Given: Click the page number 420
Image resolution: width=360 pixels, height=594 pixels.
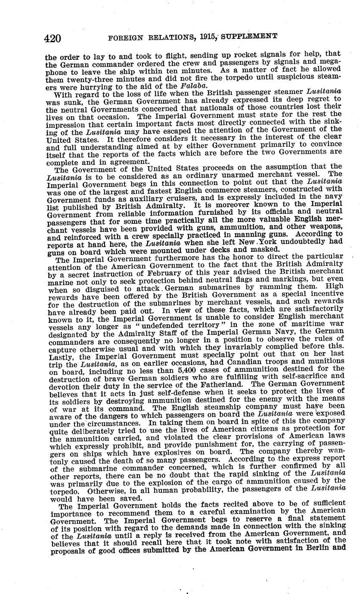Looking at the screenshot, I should (x=52, y=38).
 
